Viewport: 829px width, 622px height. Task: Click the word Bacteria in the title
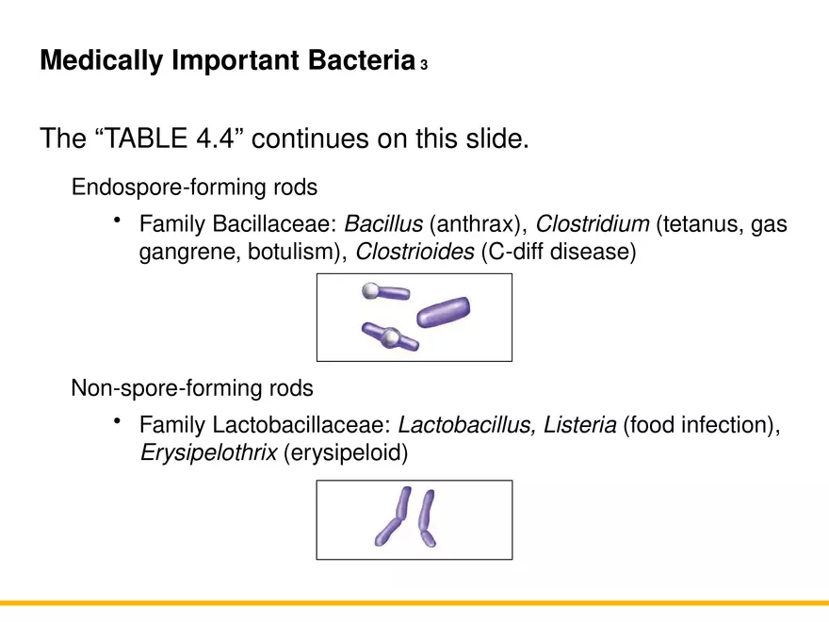pos(361,61)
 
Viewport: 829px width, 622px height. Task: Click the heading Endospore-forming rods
pos(194,187)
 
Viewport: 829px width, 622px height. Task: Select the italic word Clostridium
pos(592,225)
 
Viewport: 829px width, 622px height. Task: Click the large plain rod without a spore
pos(444,311)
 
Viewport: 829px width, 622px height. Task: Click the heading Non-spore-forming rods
pos(192,387)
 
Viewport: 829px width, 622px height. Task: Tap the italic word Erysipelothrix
pos(207,452)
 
